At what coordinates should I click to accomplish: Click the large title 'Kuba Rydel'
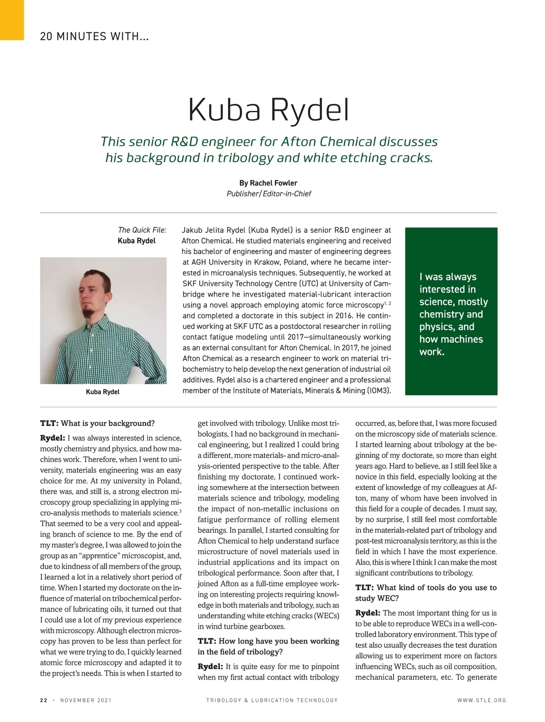269,110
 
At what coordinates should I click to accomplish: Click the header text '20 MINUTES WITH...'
94,36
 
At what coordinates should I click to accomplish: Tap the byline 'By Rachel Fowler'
268,183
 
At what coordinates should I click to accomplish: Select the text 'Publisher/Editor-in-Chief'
269,194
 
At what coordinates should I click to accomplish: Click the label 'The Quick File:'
142,230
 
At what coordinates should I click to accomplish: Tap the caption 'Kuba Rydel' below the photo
103,392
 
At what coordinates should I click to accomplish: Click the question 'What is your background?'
108,423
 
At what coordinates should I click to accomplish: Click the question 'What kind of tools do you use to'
437,588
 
